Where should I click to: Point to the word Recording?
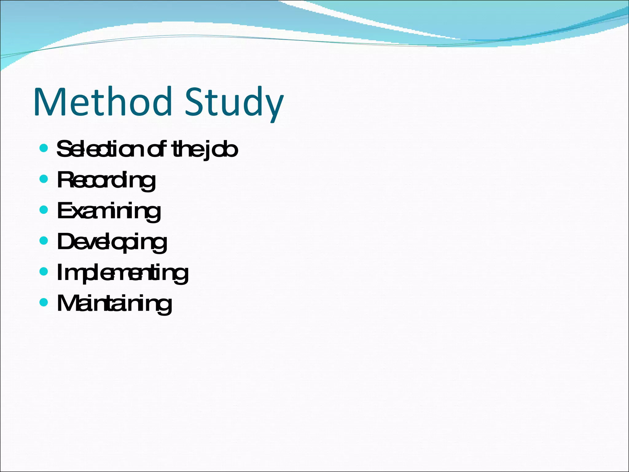(106, 180)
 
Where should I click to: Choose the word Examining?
(109, 211)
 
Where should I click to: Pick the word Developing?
(112, 242)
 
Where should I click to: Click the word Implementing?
(123, 273)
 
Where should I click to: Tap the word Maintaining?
(114, 304)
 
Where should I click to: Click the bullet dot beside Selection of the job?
(44, 148)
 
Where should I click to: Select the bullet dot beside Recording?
(44, 179)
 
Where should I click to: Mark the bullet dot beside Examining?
(44, 210)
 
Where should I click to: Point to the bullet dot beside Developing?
(44, 240)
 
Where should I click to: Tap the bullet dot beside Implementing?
(44, 271)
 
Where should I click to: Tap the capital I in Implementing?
(60, 272)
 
